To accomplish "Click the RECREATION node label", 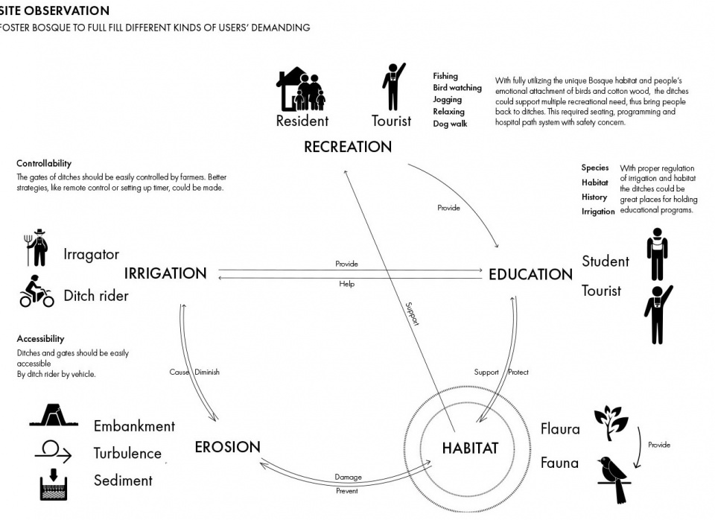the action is pos(348,147).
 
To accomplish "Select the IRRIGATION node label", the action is pos(165,273).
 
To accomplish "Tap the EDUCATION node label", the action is pos(531,275).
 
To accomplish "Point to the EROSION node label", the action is pos(228,447).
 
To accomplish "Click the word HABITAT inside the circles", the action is pos(470,448).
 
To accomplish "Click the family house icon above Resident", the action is pos(301,89).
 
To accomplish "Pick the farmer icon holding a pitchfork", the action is pos(37,247).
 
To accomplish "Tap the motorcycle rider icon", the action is pos(36,291).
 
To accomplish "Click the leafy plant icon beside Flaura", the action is pos(611,423).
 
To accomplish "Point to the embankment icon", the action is pos(54,415).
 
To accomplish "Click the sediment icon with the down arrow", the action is pos(54,484).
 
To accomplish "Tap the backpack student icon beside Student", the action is pos(657,254).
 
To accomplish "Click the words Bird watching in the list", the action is pos(457,88).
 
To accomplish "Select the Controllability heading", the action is pos(44,163).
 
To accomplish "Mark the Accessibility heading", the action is pos(40,338).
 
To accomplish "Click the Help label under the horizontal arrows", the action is pos(346,284).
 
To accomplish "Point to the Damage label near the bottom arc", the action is pos(348,477).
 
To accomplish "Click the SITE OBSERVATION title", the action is pos(54,10).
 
